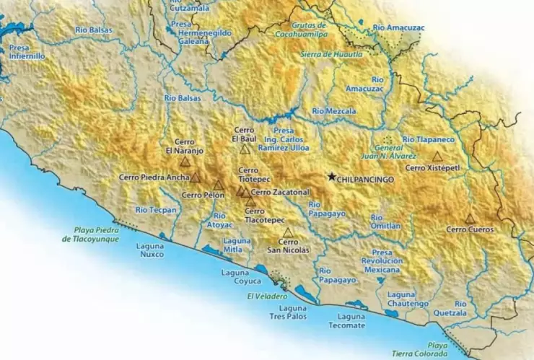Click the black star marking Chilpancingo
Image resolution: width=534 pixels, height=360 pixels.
pos(331,177)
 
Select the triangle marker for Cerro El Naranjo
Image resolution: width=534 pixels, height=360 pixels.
pos(185,162)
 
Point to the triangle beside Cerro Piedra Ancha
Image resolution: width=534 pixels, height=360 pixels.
pos(195,177)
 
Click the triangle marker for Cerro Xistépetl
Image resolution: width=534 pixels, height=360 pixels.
pos(437,156)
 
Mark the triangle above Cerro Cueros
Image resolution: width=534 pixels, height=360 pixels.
pos(470,219)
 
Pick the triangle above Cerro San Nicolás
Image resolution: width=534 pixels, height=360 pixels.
pos(288,232)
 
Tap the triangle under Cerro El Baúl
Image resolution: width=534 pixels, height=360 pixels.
pos(245,149)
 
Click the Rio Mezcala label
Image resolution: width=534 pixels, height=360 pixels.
pos(334,111)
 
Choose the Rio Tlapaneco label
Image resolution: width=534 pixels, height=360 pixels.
pos(428,139)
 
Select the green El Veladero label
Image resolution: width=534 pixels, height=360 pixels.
pos(267,297)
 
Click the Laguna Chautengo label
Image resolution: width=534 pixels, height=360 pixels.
pos(408,299)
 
